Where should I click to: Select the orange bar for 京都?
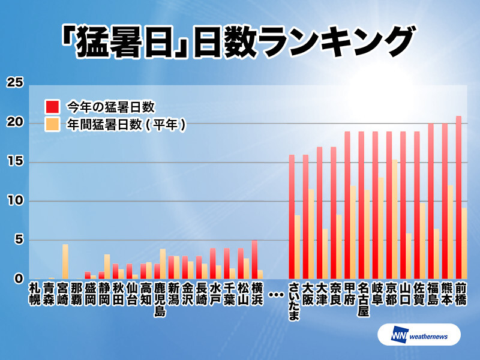pos(395,219)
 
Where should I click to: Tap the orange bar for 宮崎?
pos(65,262)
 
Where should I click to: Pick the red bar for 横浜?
pos(254,259)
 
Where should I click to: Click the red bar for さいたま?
pos(292,217)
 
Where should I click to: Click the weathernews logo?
pos(419,335)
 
